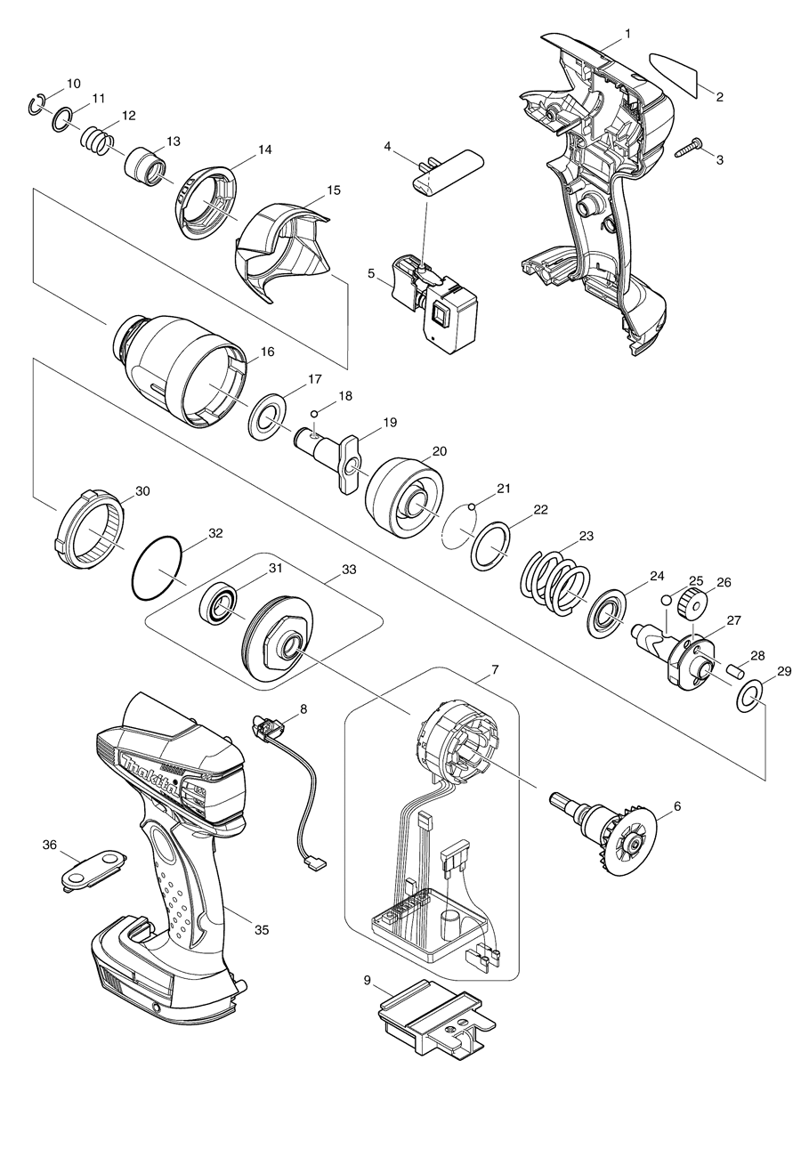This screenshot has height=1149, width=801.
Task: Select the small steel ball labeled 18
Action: [315, 412]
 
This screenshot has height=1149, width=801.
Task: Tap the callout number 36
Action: [50, 846]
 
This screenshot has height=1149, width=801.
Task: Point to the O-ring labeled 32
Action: [157, 567]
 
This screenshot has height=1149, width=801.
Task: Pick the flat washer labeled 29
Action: [748, 699]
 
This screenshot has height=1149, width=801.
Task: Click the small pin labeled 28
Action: [735, 668]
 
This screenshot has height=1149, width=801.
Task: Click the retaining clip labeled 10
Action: [36, 104]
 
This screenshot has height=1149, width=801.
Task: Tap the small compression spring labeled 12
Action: [97, 140]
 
